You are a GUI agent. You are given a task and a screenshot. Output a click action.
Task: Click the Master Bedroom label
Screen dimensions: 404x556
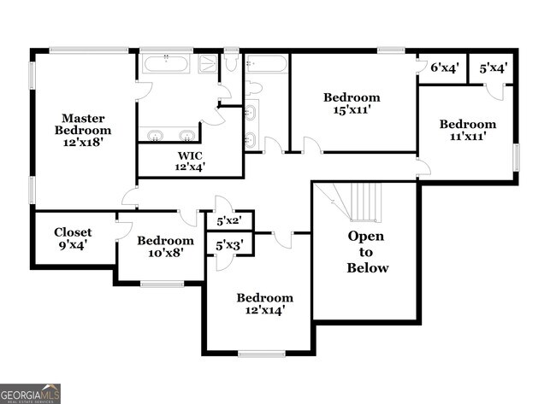tap(83, 130)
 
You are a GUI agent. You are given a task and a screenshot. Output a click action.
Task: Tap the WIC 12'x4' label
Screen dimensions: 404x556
tap(191, 161)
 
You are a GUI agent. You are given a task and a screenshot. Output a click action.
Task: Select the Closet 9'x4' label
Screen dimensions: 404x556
tap(73, 238)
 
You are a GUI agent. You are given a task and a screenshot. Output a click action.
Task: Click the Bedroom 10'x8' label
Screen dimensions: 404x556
tap(165, 248)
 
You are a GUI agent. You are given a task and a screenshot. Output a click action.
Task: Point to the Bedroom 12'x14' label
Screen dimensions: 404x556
tap(265, 304)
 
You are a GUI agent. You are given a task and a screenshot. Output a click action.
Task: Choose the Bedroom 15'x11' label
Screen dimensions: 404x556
tap(351, 103)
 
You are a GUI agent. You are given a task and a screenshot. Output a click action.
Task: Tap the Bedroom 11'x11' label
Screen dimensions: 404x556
tap(467, 130)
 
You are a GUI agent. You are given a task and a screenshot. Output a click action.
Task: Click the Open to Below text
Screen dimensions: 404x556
tap(366, 252)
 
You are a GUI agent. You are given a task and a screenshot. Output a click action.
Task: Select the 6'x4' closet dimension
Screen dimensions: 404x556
tap(444, 68)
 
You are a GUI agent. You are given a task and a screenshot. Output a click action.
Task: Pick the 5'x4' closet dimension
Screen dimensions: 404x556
tap(494, 68)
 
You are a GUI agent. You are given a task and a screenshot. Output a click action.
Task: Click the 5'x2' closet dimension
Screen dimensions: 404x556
tap(229, 221)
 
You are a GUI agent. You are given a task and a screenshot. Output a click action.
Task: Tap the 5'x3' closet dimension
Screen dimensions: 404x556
tap(229, 246)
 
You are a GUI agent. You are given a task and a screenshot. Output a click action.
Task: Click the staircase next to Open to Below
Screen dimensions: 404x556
tap(363, 202)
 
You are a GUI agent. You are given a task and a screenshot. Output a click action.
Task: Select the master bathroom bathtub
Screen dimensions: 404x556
tap(168, 64)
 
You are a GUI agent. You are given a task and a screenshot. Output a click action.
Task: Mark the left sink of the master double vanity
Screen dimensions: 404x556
tap(156, 134)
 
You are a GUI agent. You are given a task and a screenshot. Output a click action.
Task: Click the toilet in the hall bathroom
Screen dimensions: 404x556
tap(253, 87)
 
